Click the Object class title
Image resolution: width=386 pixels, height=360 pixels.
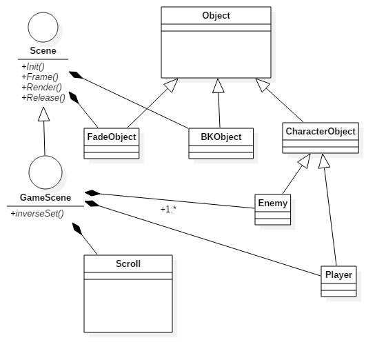216,15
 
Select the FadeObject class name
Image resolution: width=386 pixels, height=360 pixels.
112,137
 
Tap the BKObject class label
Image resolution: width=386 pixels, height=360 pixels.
221,137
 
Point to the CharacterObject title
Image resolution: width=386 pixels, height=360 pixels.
321,132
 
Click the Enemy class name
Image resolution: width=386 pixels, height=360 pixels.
273,203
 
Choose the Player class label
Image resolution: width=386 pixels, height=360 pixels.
338,274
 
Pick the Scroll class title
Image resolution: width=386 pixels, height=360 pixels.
128,263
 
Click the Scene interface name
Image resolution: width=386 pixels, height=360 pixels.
43,51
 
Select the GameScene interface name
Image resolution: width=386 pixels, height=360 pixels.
45,197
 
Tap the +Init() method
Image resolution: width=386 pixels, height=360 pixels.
33,66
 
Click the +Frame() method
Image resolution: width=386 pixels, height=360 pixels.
40,77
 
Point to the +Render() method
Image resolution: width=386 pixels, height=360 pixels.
41,87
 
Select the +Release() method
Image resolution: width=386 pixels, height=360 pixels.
43,97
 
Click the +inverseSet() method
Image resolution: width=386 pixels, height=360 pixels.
37,214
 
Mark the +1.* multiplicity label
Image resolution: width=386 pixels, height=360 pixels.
168,209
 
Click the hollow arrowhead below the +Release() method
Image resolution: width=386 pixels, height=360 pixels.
44,114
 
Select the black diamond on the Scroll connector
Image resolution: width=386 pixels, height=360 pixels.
77,229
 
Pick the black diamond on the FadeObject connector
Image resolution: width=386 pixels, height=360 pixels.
74,98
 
